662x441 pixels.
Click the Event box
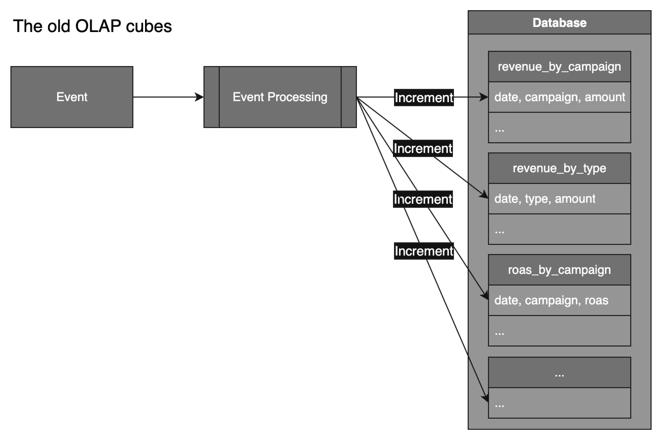click(x=72, y=97)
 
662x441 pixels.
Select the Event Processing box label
click(x=280, y=97)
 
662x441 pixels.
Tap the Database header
click(x=559, y=23)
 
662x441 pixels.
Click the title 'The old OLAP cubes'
click(x=92, y=26)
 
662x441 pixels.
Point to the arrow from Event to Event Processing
click(x=168, y=97)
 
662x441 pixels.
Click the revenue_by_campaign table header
click(x=559, y=67)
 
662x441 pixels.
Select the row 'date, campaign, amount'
click(x=559, y=97)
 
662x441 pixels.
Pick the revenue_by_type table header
click(x=559, y=168)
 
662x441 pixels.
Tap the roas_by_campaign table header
click(x=559, y=270)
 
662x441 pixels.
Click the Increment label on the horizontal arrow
click(x=423, y=98)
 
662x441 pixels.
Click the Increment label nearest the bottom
click(x=423, y=251)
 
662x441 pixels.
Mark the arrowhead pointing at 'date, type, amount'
click(x=484, y=195)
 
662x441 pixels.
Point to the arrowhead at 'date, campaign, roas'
click(x=485, y=296)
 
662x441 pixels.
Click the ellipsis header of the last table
click(x=559, y=372)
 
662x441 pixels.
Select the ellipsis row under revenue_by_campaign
click(x=559, y=128)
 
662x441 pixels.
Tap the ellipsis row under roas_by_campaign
click(x=559, y=331)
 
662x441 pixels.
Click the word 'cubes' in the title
click(x=149, y=26)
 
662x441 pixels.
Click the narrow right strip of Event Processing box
click(x=349, y=97)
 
